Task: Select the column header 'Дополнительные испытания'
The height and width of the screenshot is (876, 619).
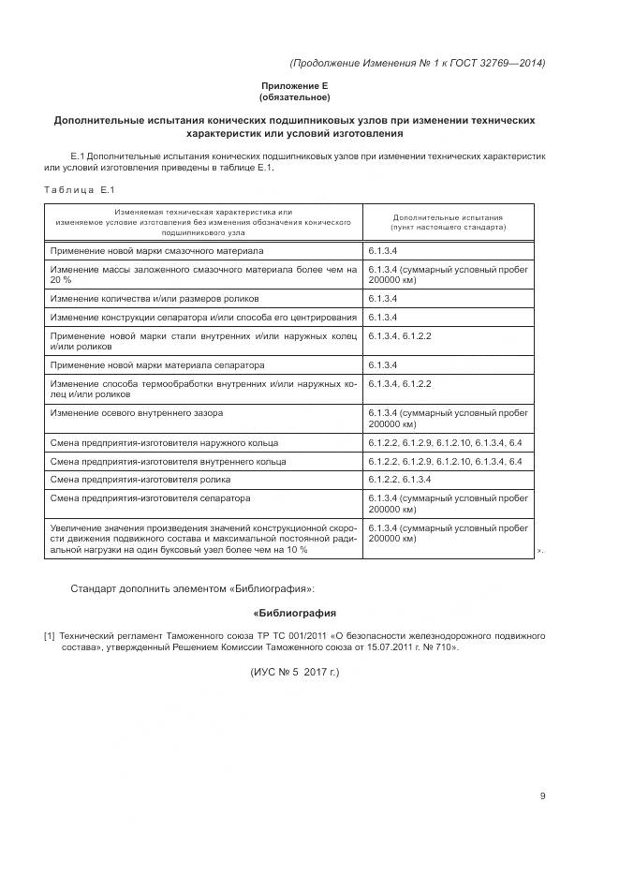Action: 448,216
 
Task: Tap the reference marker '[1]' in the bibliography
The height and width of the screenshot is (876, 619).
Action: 50,636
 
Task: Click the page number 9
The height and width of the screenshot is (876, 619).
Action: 542,796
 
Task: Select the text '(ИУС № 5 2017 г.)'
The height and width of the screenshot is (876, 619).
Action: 294,673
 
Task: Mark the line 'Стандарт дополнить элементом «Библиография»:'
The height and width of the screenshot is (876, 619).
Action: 192,589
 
